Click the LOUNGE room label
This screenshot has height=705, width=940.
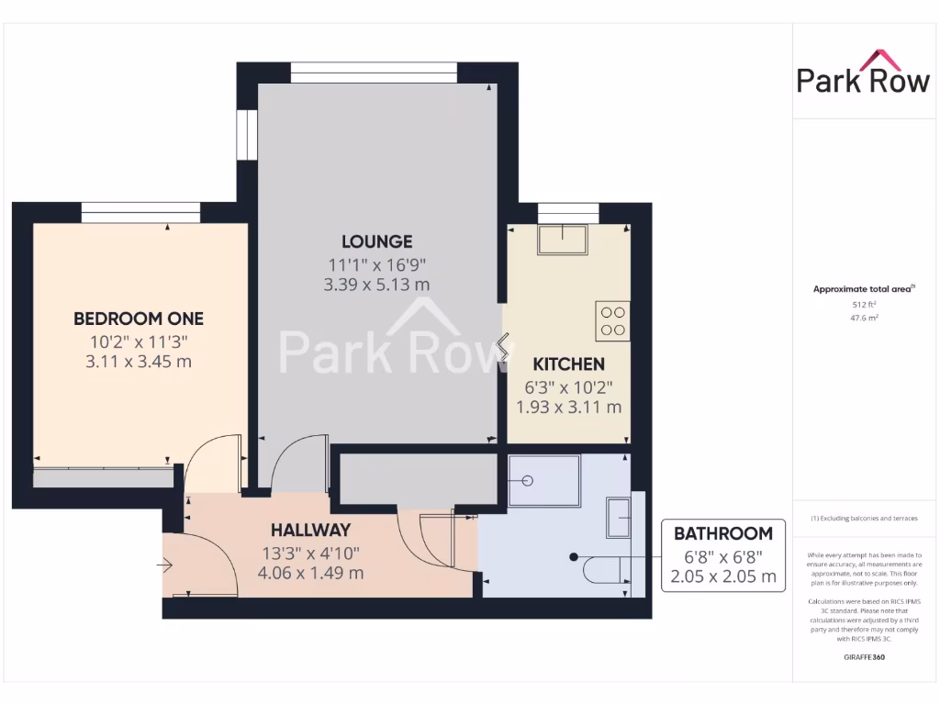point(376,241)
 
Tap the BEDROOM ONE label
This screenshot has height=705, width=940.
point(139,319)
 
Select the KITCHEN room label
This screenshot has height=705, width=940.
point(569,364)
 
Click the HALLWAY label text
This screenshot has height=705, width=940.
point(310,530)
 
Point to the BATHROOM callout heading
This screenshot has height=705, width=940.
point(723,533)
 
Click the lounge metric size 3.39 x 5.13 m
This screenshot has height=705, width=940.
point(376,285)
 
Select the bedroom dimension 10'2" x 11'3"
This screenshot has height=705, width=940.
point(139,341)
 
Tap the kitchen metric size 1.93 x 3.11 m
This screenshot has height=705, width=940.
point(569,407)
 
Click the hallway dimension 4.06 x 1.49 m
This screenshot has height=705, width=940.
point(310,574)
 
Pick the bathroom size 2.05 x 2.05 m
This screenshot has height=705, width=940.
point(723,577)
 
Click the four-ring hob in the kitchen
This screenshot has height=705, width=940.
point(612,321)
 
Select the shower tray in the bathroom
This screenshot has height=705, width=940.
point(544,481)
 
